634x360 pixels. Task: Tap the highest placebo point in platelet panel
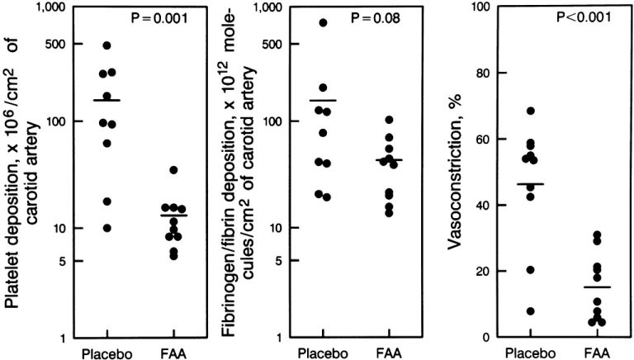click(106, 45)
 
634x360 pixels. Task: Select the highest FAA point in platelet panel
click(173, 170)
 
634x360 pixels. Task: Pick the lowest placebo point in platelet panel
click(106, 228)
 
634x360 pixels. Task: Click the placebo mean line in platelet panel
click(106, 100)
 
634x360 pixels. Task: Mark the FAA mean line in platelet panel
click(173, 216)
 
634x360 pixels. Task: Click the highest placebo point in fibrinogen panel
click(323, 22)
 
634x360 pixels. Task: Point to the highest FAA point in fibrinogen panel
click(389, 120)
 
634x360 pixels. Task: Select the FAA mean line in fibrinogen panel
click(389, 159)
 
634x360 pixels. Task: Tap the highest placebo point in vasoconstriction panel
click(531, 111)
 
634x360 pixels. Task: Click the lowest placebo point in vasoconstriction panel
click(531, 311)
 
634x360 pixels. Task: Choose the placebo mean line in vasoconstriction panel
click(531, 184)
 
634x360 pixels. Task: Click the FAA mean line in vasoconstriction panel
click(597, 287)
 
